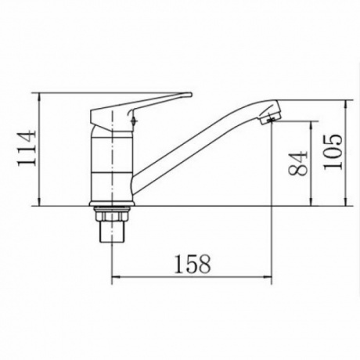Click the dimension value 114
point(26,149)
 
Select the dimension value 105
point(333,152)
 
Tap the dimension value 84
point(298,164)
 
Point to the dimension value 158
point(192,264)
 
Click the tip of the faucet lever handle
point(190,95)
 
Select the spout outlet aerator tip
point(270,117)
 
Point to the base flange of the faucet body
point(112,203)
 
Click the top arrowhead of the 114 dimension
point(39,96)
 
